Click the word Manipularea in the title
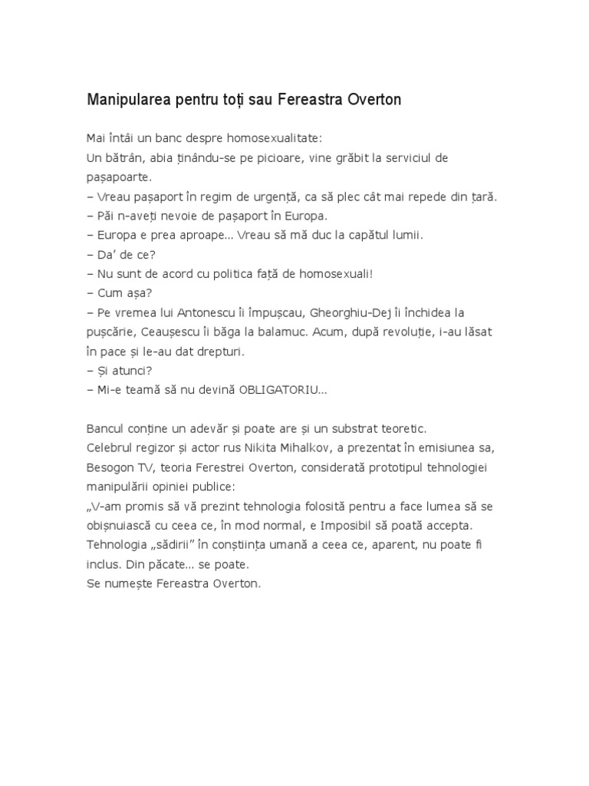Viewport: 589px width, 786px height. point(130,101)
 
